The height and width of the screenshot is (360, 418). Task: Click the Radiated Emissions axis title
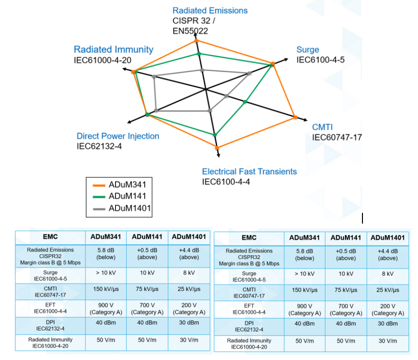pyautogui.click(x=210, y=11)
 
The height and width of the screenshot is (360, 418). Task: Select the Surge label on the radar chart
pyautogui.click(x=308, y=50)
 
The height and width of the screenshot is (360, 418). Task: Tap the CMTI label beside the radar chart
pyautogui.click(x=323, y=128)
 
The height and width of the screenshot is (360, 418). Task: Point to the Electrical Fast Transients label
pyautogui.click(x=249, y=171)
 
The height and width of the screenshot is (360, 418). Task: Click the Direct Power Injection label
pyautogui.click(x=118, y=136)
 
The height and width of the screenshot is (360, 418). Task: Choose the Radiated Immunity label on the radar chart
pyautogui.click(x=114, y=50)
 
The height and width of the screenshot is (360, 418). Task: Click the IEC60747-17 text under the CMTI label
pyautogui.click(x=337, y=137)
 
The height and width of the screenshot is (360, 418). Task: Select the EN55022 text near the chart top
pyautogui.click(x=190, y=31)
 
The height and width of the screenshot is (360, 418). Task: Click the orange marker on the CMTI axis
pyautogui.click(x=295, y=117)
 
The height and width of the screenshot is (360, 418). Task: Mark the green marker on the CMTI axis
pyautogui.click(x=245, y=102)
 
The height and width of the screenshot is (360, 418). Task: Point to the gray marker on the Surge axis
pyautogui.click(x=249, y=74)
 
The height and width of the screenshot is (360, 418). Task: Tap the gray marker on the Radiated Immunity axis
pyautogui.click(x=154, y=76)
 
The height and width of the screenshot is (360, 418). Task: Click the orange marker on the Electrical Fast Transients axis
pyautogui.click(x=217, y=147)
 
